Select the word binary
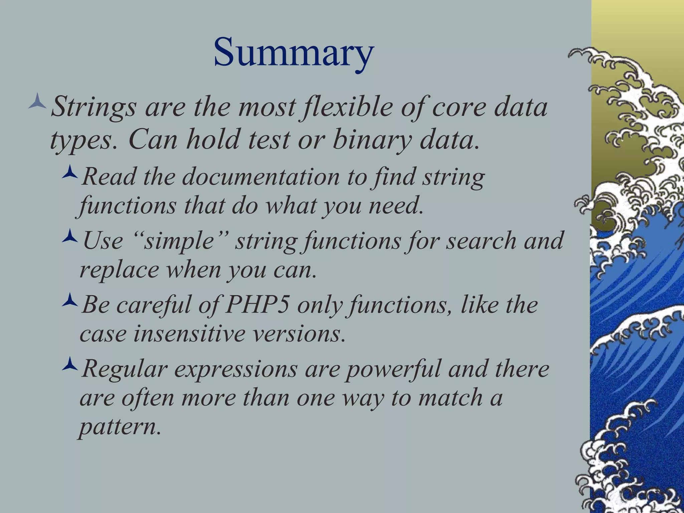point(372,140)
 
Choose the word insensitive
point(189,334)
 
